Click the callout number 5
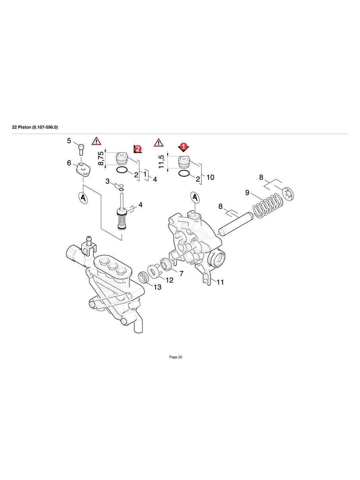point(69,141)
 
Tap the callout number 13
point(157,287)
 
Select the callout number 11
point(220,282)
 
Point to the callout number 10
point(210,177)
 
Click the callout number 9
point(247,193)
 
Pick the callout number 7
point(181,273)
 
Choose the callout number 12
point(169,280)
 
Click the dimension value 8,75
point(101,158)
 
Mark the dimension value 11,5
point(161,161)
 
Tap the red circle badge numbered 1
point(183,146)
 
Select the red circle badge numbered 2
point(138,149)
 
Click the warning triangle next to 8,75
point(96,141)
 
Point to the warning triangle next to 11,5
point(159,142)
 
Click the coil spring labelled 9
point(268,206)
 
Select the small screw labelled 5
point(81,149)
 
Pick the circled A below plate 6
point(82,198)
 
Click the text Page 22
point(176,357)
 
